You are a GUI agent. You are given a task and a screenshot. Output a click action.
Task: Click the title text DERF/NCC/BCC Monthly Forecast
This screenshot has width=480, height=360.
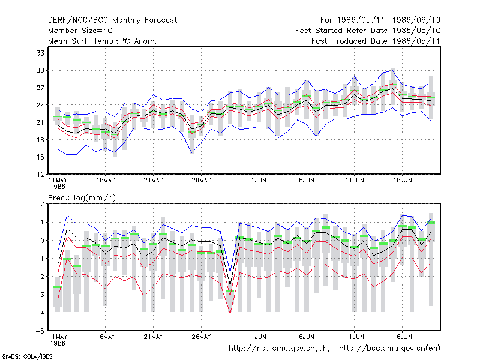(x=112, y=20)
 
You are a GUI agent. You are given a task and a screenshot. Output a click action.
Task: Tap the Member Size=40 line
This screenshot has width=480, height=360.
(x=80, y=31)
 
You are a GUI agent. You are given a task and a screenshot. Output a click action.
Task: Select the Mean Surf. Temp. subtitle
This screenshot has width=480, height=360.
(x=103, y=41)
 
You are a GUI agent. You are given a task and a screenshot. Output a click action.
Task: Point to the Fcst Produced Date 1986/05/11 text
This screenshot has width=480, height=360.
(x=376, y=41)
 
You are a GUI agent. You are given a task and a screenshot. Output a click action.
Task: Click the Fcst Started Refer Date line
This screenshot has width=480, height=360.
(x=368, y=31)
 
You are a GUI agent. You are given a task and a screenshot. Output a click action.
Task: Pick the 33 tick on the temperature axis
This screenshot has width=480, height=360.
(x=40, y=53)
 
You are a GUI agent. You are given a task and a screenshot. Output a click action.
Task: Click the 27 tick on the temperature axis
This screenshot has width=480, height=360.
(x=40, y=88)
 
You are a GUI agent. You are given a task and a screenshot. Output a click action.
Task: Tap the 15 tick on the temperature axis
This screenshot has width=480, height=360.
(x=40, y=157)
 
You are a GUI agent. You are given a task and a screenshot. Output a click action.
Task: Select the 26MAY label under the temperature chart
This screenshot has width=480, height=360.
(x=201, y=181)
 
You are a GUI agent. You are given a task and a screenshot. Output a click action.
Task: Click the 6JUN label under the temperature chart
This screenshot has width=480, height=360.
(x=307, y=181)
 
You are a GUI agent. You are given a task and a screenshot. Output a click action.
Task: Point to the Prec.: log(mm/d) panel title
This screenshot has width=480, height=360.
(x=82, y=198)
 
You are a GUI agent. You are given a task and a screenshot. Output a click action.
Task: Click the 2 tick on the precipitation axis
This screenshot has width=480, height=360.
(x=42, y=204)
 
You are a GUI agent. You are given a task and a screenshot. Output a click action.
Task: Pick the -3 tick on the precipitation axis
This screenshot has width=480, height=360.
(x=40, y=295)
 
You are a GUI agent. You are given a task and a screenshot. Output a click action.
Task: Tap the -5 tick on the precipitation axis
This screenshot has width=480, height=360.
(x=40, y=331)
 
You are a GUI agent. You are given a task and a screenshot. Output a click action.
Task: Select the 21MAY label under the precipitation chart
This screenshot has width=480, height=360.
(x=154, y=337)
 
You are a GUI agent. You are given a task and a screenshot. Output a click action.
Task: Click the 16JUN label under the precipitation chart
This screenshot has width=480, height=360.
(x=402, y=337)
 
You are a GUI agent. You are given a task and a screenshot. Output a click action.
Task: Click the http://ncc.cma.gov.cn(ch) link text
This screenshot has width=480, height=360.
(x=279, y=349)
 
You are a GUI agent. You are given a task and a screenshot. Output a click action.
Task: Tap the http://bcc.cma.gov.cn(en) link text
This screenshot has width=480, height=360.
(x=389, y=349)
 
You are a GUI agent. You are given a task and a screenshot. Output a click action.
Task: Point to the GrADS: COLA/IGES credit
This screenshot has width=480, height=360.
(x=27, y=356)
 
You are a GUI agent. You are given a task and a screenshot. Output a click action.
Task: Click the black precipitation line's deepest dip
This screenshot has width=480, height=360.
(x=230, y=284)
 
